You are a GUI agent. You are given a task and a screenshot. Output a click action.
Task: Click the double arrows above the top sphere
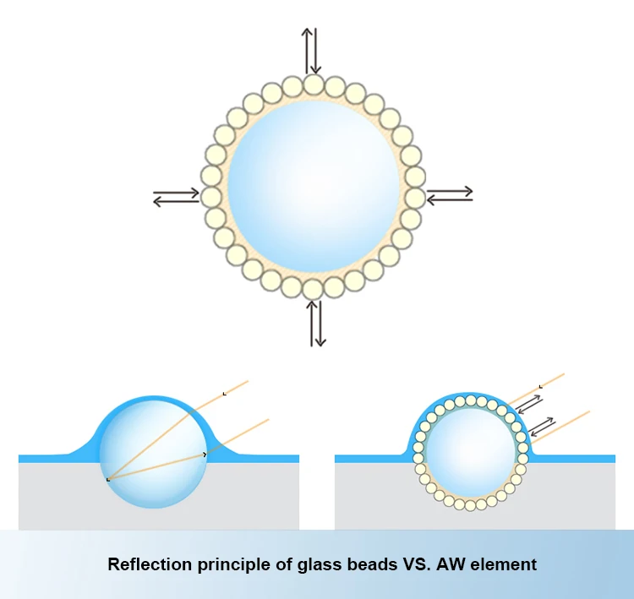click(313, 50)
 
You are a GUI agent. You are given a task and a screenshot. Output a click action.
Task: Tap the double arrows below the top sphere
click(316, 324)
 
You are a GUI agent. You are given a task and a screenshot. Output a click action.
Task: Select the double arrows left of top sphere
click(176, 199)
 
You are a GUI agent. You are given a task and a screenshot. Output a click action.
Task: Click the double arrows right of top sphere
click(450, 196)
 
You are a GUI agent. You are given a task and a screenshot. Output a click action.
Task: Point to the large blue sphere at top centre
click(314, 188)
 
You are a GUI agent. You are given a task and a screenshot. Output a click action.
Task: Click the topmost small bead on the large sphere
click(314, 84)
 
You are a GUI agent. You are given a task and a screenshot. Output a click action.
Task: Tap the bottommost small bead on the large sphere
click(313, 289)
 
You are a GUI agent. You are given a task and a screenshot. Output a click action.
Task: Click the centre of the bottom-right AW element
click(470, 452)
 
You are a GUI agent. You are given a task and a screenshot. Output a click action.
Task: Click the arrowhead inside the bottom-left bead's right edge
click(205, 455)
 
